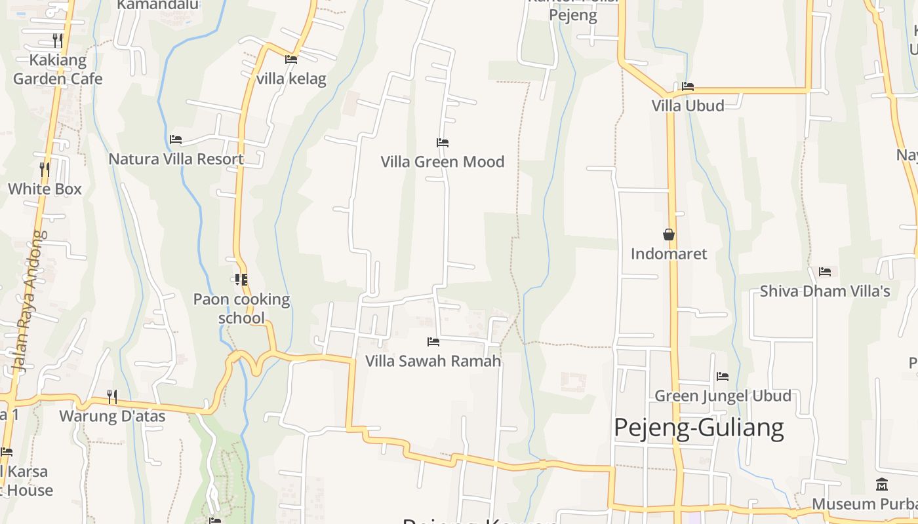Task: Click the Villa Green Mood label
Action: [443, 162]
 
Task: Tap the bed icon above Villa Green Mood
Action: [443, 142]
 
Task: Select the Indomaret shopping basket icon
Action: [669, 234]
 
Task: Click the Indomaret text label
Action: [669, 253]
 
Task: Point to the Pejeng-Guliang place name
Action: [699, 428]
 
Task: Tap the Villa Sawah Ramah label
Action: [433, 361]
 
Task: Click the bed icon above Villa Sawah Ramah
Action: [433, 341]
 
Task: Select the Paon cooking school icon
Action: [241, 280]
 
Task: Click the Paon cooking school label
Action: [241, 309]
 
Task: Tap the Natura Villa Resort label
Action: [176, 159]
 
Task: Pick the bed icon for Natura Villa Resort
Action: [175, 140]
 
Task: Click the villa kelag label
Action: [291, 79]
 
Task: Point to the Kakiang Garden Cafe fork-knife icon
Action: [58, 41]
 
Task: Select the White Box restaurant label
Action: [45, 189]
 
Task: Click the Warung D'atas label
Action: [112, 416]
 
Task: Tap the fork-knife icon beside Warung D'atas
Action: [112, 396]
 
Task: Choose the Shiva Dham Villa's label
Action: [825, 291]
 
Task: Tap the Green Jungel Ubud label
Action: [723, 396]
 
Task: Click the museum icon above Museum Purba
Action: [882, 485]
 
